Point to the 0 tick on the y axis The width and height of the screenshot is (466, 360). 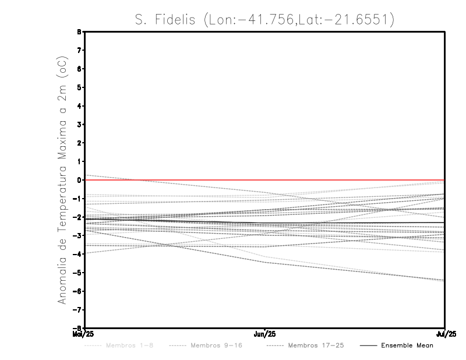click(80, 180)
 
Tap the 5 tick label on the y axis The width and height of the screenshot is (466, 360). click(80, 87)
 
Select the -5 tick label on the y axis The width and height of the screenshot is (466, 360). click(79, 273)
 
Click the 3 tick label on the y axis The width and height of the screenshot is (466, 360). click(80, 125)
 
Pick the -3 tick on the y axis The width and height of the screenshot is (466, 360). click(79, 236)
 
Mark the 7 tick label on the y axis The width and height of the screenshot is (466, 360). click(80, 51)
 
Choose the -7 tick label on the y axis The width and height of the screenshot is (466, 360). click(79, 310)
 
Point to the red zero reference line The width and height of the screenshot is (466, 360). click(349, 180)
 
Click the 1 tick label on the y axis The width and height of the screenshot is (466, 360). click(80, 161)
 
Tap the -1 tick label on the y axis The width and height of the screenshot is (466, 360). click(79, 199)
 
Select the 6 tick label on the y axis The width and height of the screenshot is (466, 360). click(80, 69)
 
